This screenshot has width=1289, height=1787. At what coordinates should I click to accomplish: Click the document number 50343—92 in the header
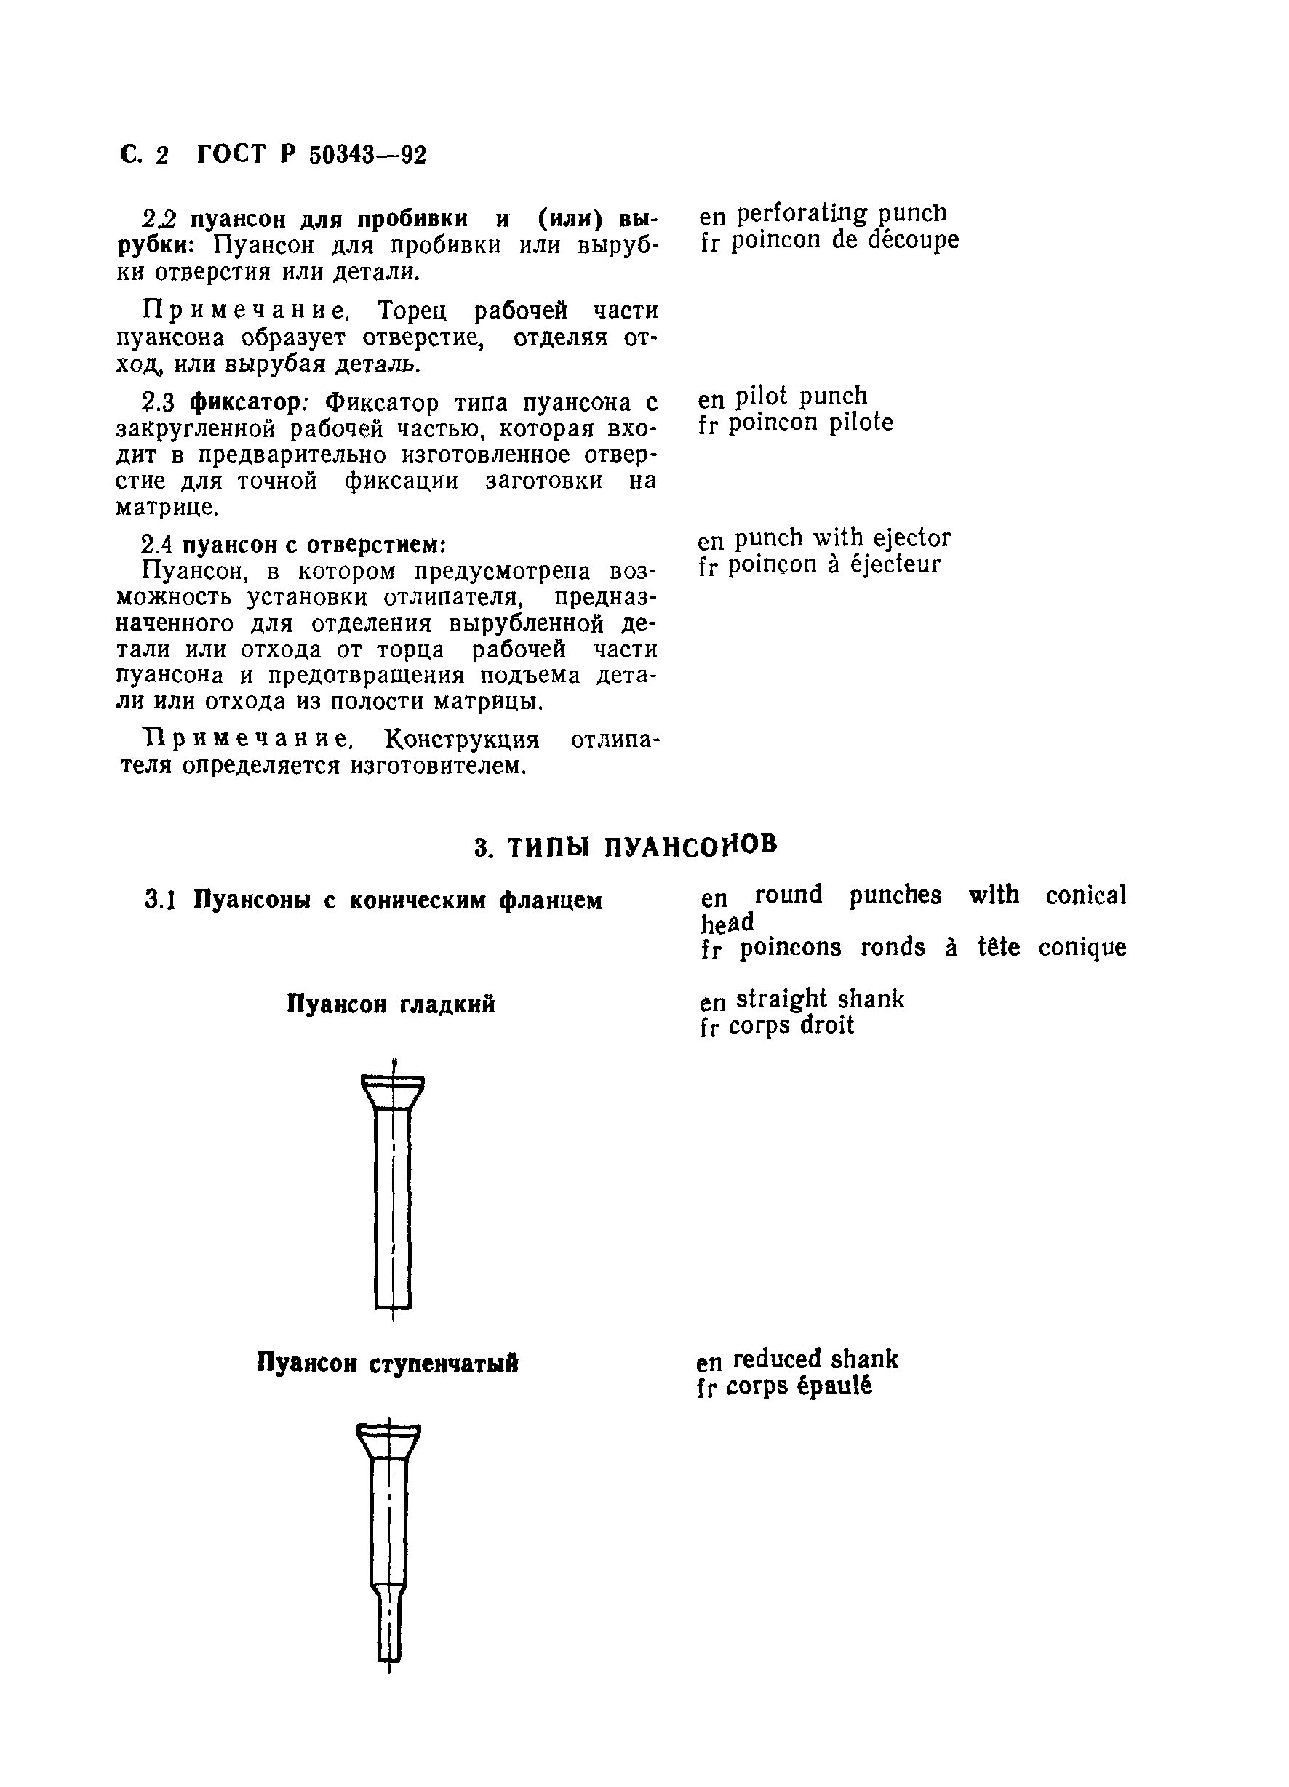pyautogui.click(x=367, y=155)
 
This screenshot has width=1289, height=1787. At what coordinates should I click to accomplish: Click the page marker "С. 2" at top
pyautogui.click(x=144, y=155)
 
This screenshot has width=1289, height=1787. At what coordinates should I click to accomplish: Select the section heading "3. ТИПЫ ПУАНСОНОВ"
pyautogui.click(x=626, y=847)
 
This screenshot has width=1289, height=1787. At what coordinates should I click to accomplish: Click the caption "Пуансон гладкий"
pyautogui.click(x=391, y=1004)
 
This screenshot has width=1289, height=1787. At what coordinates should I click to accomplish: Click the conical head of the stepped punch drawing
pyautogui.click(x=389, y=1441)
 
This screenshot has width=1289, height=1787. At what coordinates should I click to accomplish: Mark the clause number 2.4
pyautogui.click(x=158, y=545)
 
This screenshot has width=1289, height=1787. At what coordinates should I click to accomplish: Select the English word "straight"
pyautogui.click(x=781, y=1000)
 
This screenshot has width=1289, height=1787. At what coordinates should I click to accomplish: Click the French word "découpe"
pyautogui.click(x=913, y=240)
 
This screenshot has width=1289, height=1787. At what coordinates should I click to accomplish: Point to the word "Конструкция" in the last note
pyautogui.click(x=462, y=740)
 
